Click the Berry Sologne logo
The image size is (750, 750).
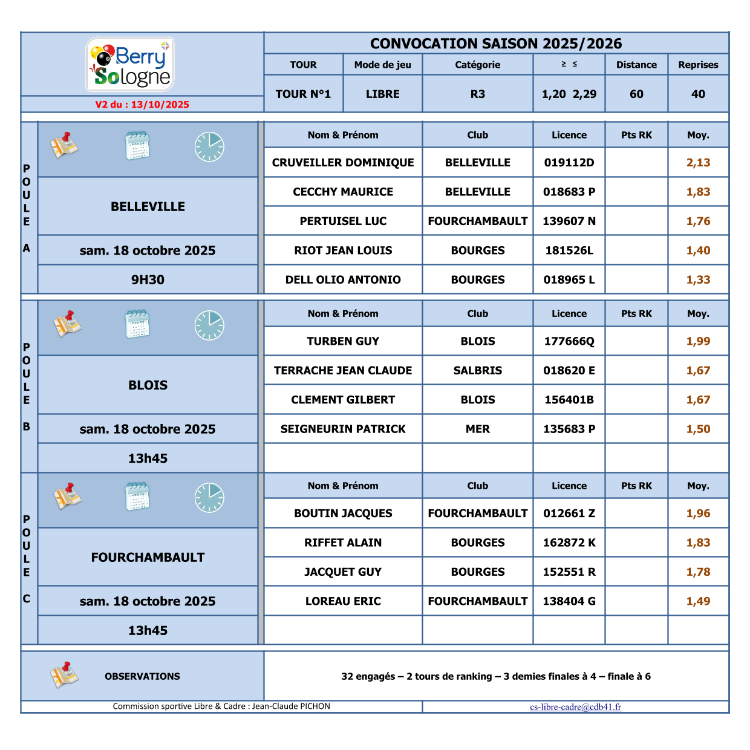pyautogui.click(x=131, y=65)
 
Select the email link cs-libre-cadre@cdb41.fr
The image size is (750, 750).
pyautogui.click(x=575, y=706)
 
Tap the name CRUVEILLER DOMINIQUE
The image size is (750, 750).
pyautogui.click(x=343, y=163)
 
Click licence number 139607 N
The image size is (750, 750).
pyautogui.click(x=569, y=221)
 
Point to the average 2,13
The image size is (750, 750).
pyautogui.click(x=698, y=163)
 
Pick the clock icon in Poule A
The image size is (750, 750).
pyautogui.click(x=209, y=147)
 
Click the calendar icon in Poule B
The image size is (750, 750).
pyautogui.click(x=137, y=325)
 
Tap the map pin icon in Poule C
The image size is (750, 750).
pyautogui.click(x=67, y=497)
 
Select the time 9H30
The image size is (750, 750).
pyautogui.click(x=148, y=280)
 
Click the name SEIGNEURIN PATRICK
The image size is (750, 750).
pyautogui.click(x=343, y=429)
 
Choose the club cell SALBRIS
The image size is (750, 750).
pyautogui.click(x=477, y=371)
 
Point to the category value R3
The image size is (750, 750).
pyautogui.click(x=477, y=94)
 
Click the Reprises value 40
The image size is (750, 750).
pyautogui.click(x=698, y=94)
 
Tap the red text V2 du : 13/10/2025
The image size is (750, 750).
pyautogui.click(x=142, y=105)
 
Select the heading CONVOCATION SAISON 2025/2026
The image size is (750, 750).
pyautogui.click(x=496, y=44)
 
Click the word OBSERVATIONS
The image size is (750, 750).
pyautogui.click(x=142, y=676)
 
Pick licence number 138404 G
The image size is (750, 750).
pyautogui.click(x=569, y=601)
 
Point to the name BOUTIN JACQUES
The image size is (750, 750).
pyautogui.click(x=343, y=514)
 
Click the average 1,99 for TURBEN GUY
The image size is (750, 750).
pyautogui.click(x=698, y=341)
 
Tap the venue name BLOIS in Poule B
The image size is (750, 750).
pyautogui.click(x=148, y=385)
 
